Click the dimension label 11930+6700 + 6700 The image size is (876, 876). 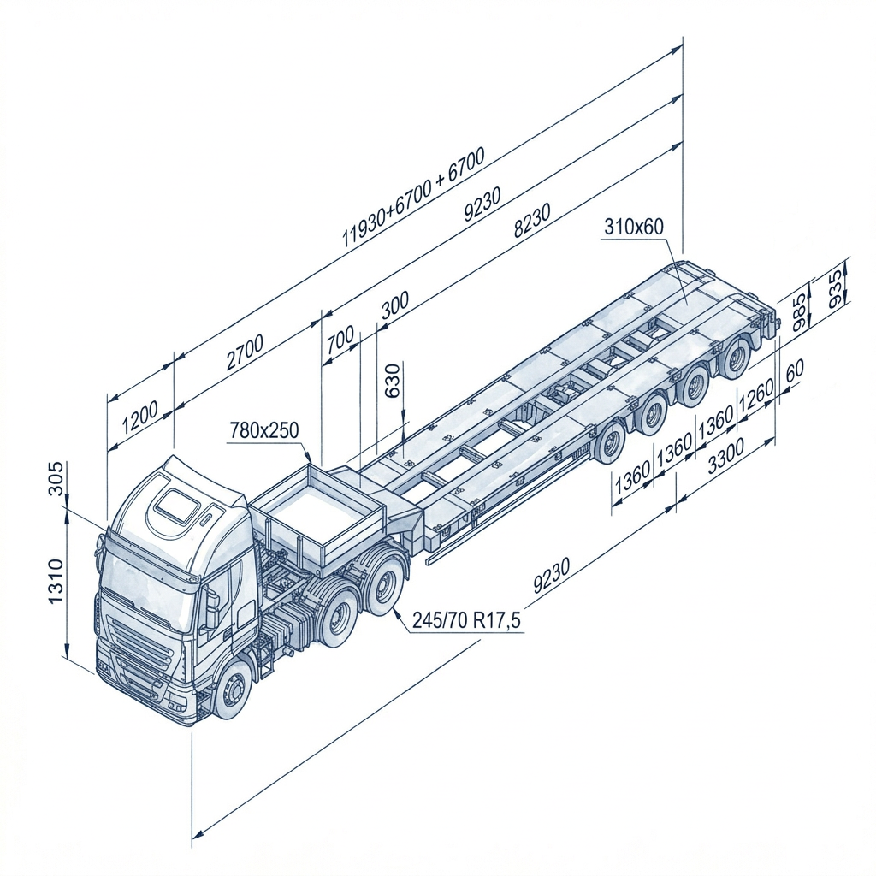pyautogui.click(x=413, y=197)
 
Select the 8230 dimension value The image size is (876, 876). pyautogui.click(x=532, y=221)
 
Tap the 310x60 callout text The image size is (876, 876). pyautogui.click(x=634, y=226)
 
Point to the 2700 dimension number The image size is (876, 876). pyautogui.click(x=245, y=352)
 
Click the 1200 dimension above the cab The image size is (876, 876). pyautogui.click(x=140, y=417)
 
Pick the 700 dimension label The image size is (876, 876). pyautogui.click(x=340, y=339)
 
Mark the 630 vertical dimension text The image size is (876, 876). pyautogui.click(x=394, y=381)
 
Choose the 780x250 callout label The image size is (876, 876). pyautogui.click(x=264, y=430)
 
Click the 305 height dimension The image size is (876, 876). pyautogui.click(x=56, y=478)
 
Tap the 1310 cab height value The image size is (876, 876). pyautogui.click(x=56, y=581)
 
